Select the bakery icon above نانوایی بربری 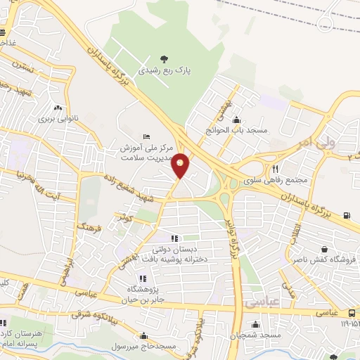[58, 108]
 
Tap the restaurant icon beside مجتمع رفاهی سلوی [276, 169]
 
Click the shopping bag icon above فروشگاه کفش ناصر [323, 249]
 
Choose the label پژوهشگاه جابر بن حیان [143, 294]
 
